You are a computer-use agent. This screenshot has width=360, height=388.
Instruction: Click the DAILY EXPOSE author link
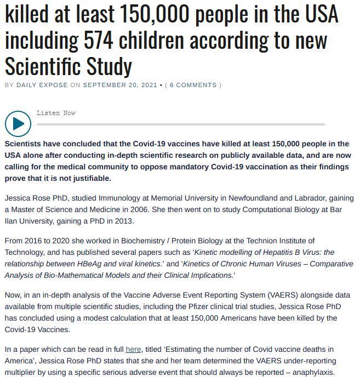point(42,85)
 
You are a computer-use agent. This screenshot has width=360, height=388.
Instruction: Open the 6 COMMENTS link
point(193,85)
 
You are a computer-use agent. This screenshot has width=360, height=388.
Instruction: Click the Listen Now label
point(56,113)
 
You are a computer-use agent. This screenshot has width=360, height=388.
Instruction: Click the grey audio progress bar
point(181,124)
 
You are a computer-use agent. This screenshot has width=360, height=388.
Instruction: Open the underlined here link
point(133,349)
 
